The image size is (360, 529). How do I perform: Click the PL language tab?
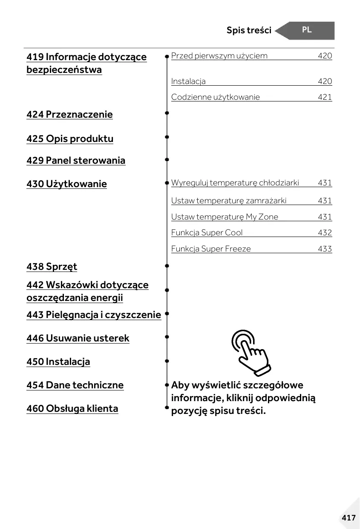click(307, 30)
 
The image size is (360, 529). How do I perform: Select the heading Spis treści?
click(249, 30)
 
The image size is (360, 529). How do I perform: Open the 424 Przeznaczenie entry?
click(69, 114)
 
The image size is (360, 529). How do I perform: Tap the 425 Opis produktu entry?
click(70, 139)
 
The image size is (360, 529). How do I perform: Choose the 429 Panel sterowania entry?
click(76, 160)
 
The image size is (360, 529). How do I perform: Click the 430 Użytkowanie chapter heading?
click(66, 184)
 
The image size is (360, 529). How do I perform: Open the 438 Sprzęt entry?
click(52, 266)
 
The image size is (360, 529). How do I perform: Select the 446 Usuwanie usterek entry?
click(78, 338)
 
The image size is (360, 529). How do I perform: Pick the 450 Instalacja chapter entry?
click(58, 361)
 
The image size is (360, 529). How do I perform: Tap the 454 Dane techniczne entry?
click(75, 385)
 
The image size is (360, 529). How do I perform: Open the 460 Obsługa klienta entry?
click(72, 408)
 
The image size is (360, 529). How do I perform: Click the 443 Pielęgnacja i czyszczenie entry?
click(94, 315)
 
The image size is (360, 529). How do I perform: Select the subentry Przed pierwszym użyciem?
click(219, 56)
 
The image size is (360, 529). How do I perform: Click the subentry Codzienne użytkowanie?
click(216, 97)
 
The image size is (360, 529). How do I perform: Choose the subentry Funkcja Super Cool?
click(207, 233)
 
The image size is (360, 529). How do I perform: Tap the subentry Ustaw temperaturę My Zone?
click(225, 217)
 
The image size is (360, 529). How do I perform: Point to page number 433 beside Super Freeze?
click(325, 249)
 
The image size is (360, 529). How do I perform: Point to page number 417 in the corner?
click(348, 517)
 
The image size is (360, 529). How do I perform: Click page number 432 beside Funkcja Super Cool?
click(325, 233)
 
